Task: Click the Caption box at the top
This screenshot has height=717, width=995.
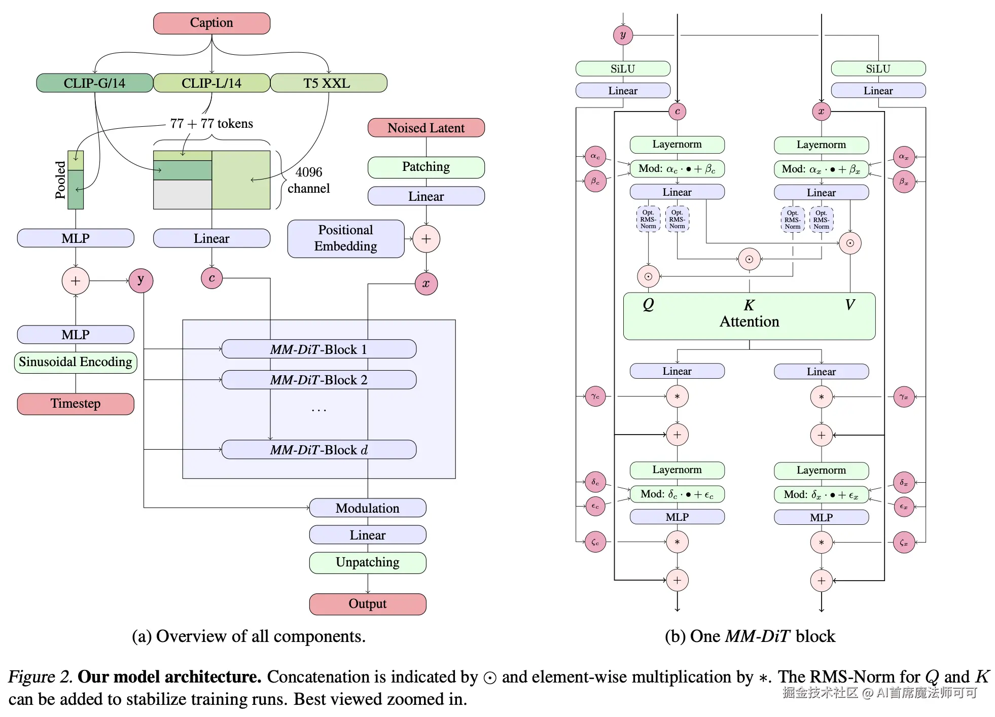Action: coord(211,23)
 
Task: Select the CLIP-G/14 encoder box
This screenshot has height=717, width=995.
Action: coord(94,83)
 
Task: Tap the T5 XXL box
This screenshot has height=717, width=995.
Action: coord(328,83)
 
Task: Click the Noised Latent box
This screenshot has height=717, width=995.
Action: coord(426,128)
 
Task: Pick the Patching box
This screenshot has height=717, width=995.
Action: coord(426,167)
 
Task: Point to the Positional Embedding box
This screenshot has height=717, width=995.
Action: coord(345,238)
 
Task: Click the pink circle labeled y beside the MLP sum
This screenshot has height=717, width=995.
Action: coord(140,280)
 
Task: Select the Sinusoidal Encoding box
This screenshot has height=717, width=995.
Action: coord(76,362)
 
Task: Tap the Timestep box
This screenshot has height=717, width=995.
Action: coord(76,404)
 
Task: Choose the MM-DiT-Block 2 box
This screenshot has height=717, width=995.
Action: coord(318,380)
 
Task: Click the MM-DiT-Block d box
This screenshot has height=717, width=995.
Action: coord(318,450)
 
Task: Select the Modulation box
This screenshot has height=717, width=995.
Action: coord(367,508)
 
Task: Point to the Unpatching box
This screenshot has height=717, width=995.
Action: coord(367,562)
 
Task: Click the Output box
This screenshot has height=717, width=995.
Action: coord(367,604)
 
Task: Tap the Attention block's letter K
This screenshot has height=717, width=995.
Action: coord(749,305)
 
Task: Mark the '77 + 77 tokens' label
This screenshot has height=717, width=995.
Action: coord(211,124)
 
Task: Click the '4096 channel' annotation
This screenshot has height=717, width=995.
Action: coord(308,181)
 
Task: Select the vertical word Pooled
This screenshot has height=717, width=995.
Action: coord(60,180)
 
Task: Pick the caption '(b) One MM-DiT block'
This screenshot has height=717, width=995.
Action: coord(750,636)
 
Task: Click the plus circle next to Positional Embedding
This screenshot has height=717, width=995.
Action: coord(426,239)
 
